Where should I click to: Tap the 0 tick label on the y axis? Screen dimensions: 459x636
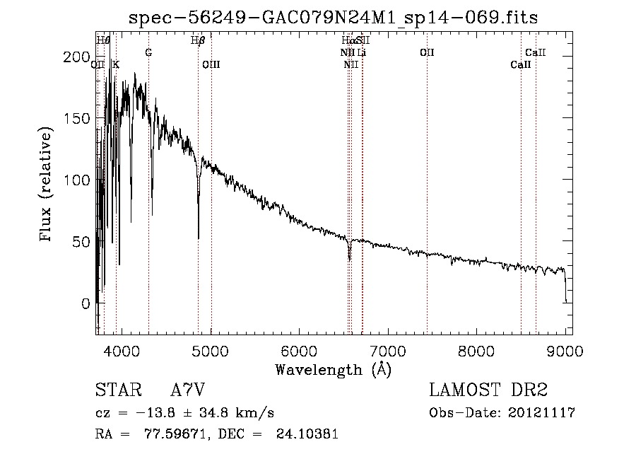coord(86,303)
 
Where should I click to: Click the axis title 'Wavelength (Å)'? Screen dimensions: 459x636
coord(333,368)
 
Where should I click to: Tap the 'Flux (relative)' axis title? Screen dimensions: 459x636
coord(47,186)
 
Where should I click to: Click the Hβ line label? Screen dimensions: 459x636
coord(199,40)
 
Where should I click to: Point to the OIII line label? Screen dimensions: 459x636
coord(211,65)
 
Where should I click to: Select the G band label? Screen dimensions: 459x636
coord(148,52)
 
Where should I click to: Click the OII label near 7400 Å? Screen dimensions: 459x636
coord(427,52)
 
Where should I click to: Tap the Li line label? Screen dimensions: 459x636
coord(361,52)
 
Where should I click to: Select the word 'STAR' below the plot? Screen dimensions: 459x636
coord(117,390)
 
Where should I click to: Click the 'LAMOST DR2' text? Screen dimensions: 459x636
coord(488,390)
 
